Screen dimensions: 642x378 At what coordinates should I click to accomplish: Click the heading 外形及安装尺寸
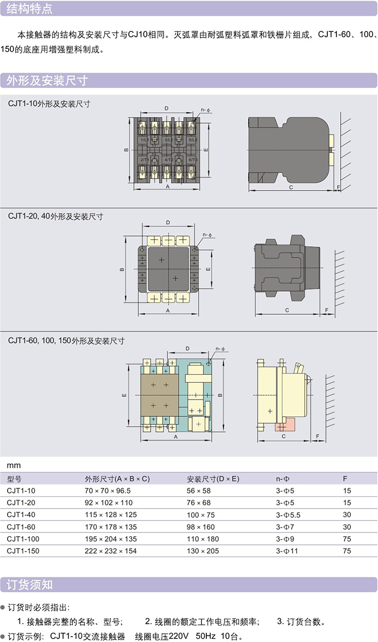point(46,81)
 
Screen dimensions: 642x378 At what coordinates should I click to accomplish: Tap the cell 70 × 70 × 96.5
point(107,491)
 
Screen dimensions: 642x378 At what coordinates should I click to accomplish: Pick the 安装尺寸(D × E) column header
point(213,479)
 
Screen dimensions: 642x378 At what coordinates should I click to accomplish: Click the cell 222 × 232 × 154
point(111,551)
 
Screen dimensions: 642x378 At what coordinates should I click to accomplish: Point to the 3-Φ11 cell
point(287,551)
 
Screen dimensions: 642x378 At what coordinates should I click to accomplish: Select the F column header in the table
point(345,479)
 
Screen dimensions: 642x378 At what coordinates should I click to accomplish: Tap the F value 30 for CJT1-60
point(347,527)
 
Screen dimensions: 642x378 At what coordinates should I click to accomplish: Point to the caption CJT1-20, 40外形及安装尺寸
point(55,216)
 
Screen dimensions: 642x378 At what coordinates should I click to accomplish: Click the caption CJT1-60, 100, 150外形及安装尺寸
point(66,341)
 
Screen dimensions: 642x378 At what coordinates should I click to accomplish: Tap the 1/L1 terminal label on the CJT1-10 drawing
point(145,139)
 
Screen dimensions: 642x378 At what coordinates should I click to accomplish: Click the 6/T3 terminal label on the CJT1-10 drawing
point(193,160)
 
